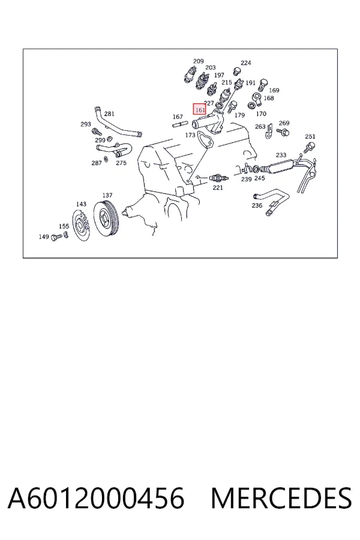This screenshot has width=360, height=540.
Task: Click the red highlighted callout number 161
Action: click(199, 109)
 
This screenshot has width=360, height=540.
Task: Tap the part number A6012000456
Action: click(96, 497)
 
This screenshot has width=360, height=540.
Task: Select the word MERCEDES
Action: click(281, 497)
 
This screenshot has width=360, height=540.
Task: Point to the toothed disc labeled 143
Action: click(82, 225)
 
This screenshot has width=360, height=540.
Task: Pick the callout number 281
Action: click(109, 114)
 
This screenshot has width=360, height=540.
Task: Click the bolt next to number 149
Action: click(56, 237)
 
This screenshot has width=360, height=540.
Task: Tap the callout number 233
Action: click(281, 155)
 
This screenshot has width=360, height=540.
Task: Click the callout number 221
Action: click(217, 188)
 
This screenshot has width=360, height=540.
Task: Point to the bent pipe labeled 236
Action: click(272, 200)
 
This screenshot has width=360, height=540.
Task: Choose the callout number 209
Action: click(198, 61)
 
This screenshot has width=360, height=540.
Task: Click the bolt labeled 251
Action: click(308, 148)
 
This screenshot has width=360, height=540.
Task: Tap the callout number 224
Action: click(245, 62)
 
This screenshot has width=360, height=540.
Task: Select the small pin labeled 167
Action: click(179, 124)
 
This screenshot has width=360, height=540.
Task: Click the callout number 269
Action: click(284, 123)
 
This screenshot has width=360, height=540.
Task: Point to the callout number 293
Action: click(85, 124)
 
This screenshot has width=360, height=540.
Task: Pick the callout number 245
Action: click(259, 178)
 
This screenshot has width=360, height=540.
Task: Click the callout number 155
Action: click(64, 226)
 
